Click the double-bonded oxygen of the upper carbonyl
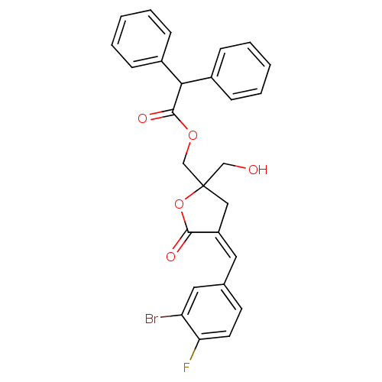click(142, 118)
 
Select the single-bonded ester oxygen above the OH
click(193, 136)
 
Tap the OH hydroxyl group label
click(257, 170)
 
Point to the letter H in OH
click(263, 170)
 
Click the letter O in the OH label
click(253, 170)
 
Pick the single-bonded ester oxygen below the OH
click(179, 204)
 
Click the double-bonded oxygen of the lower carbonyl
click(170, 257)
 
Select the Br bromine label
click(151, 319)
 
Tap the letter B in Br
click(148, 319)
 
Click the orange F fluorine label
click(186, 367)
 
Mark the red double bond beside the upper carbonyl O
click(157, 115)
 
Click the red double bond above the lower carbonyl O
click(179, 245)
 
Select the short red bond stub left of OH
click(240, 166)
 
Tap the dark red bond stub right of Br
click(166, 316)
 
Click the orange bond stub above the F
click(193, 354)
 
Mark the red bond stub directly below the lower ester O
click(183, 216)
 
